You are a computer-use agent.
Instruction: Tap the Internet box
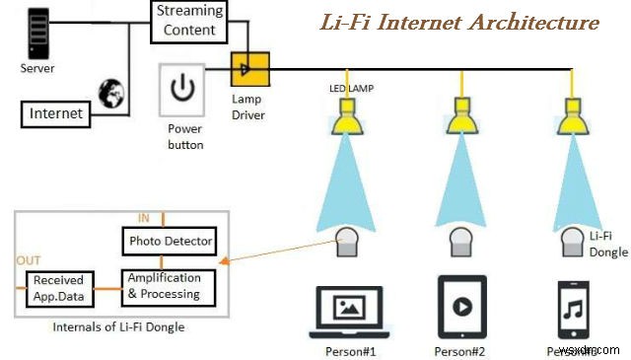click(56, 113)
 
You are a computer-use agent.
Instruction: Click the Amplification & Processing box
click(164, 285)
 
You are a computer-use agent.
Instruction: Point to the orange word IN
click(143, 218)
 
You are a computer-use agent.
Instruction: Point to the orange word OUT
click(30, 260)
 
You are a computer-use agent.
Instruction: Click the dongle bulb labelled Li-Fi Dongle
click(573, 240)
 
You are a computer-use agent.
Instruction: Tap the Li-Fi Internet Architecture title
click(458, 22)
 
